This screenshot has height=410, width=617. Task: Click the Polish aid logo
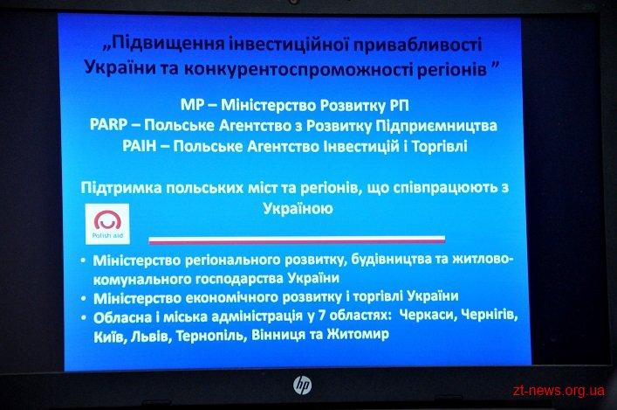107,224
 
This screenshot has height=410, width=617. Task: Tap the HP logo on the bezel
302,386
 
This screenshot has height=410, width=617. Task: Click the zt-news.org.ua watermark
559,390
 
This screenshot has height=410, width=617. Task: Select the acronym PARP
108,125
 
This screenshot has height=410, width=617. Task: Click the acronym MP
193,105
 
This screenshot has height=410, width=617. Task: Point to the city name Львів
151,336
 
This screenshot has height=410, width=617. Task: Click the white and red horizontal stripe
297,240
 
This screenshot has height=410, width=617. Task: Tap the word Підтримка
121,188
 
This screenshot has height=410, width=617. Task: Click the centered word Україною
298,208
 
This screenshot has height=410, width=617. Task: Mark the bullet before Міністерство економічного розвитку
83,298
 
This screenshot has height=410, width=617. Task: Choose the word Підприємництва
436,126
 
